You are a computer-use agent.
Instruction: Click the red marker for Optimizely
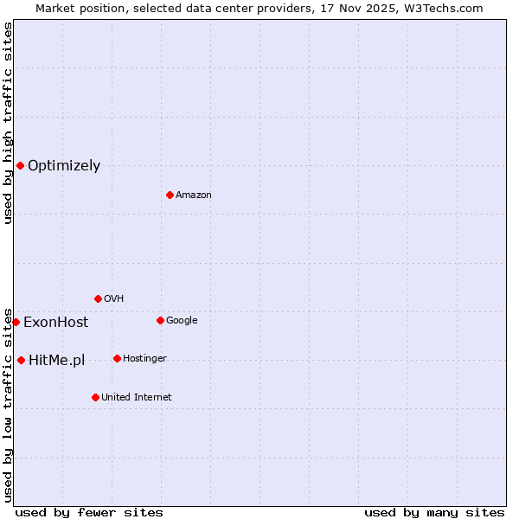pyautogui.click(x=20, y=165)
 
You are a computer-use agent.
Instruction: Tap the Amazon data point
pyautogui.click(x=170, y=195)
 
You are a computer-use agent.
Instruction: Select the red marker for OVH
pyautogui.click(x=98, y=298)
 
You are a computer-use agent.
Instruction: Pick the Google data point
pyautogui.click(x=160, y=320)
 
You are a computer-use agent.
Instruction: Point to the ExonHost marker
pyautogui.click(x=16, y=322)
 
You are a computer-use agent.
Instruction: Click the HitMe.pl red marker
pyautogui.click(x=21, y=360)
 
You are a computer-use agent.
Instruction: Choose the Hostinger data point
pyautogui.click(x=117, y=358)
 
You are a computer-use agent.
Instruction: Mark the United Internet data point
pyautogui.click(x=95, y=397)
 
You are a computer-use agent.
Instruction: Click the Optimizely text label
pyautogui.click(x=64, y=166)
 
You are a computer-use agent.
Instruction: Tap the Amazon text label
pyautogui.click(x=194, y=195)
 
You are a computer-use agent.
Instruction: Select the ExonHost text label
pyautogui.click(x=55, y=323)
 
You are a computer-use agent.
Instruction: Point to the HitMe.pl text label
pyautogui.click(x=56, y=361)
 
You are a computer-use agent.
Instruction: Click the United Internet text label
pyautogui.click(x=136, y=398)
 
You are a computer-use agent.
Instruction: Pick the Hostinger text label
pyautogui.click(x=144, y=359)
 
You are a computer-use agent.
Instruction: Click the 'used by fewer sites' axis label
pyautogui.click(x=89, y=512)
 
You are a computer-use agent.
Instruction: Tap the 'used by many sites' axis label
pyautogui.click(x=434, y=512)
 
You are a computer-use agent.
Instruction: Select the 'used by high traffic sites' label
pyautogui.click(x=8, y=123)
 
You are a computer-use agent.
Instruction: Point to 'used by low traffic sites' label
pyautogui.click(x=8, y=404)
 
